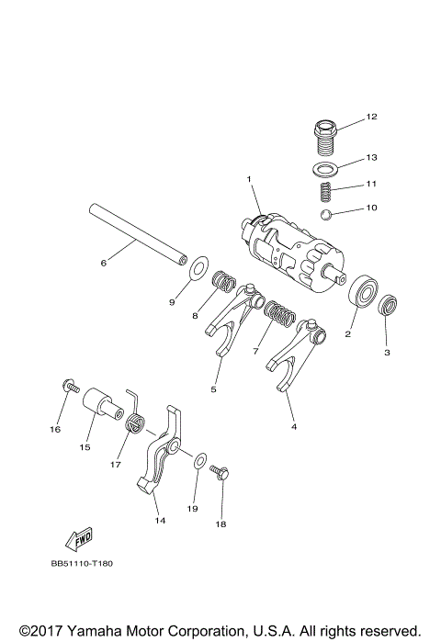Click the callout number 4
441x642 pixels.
point(293,425)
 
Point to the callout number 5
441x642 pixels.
point(213,389)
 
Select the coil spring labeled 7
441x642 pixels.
point(279,317)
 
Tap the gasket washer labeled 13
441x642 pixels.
point(324,167)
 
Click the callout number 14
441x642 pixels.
point(160,519)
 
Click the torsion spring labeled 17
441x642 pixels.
point(135,423)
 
